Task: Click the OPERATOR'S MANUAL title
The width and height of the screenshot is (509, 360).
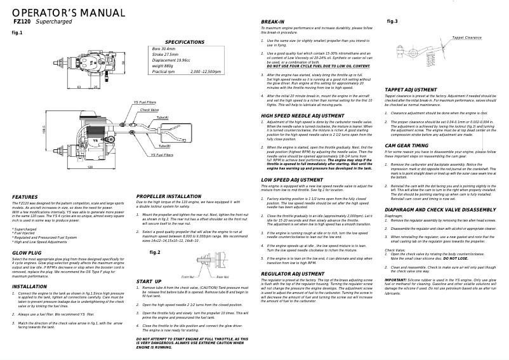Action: coord(59,13)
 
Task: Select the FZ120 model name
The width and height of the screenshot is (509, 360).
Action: coord(20,22)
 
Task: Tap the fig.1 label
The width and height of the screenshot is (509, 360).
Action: coord(17,32)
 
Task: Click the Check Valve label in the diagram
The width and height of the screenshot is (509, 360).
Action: coord(150,110)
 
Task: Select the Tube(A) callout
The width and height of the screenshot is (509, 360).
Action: coord(162,117)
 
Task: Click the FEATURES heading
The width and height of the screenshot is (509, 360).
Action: coord(25,197)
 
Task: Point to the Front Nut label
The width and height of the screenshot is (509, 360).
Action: coord(188,277)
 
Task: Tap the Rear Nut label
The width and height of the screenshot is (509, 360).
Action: coord(222,277)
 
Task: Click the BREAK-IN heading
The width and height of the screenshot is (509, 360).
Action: coord(273,22)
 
